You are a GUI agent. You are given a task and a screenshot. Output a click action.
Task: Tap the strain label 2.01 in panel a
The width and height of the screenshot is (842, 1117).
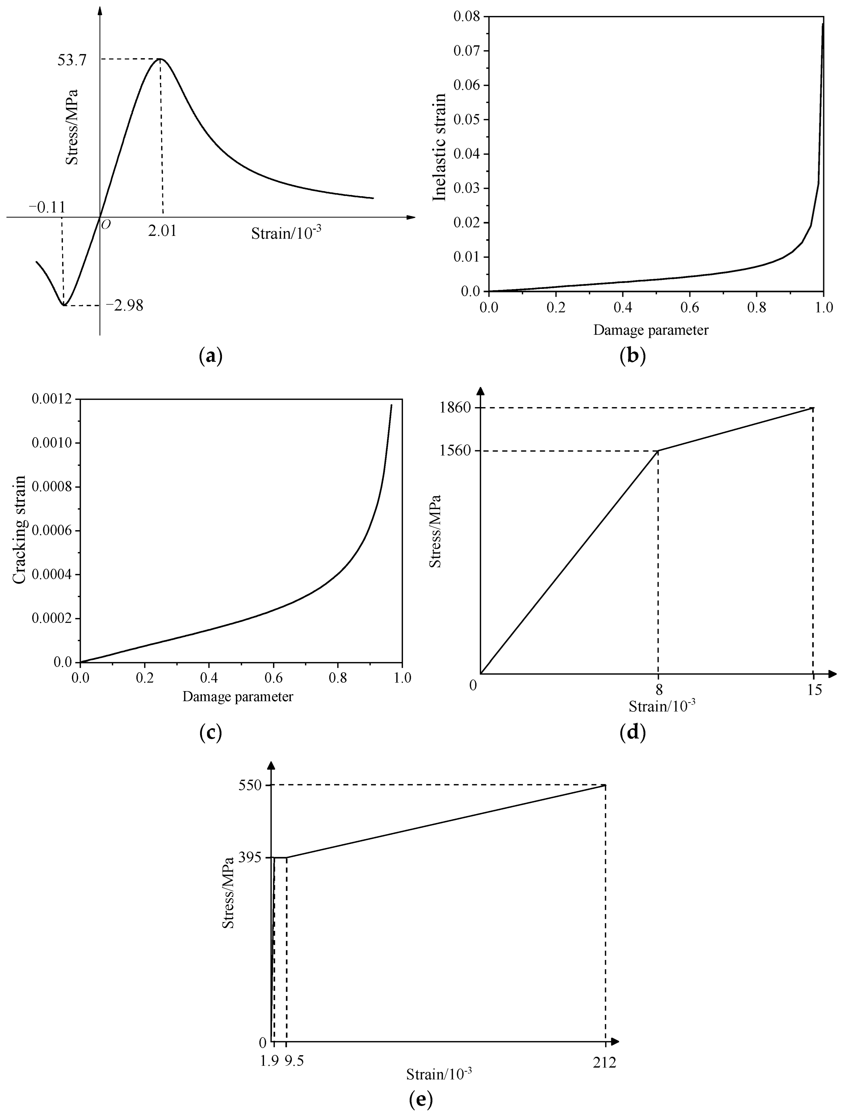click(162, 231)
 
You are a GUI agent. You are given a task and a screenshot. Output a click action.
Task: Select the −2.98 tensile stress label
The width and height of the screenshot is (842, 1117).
click(124, 305)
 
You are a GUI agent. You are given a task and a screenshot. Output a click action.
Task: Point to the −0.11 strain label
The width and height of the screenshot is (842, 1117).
click(47, 207)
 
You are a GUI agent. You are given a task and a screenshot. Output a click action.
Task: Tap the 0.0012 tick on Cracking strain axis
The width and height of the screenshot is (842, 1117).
click(52, 399)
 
